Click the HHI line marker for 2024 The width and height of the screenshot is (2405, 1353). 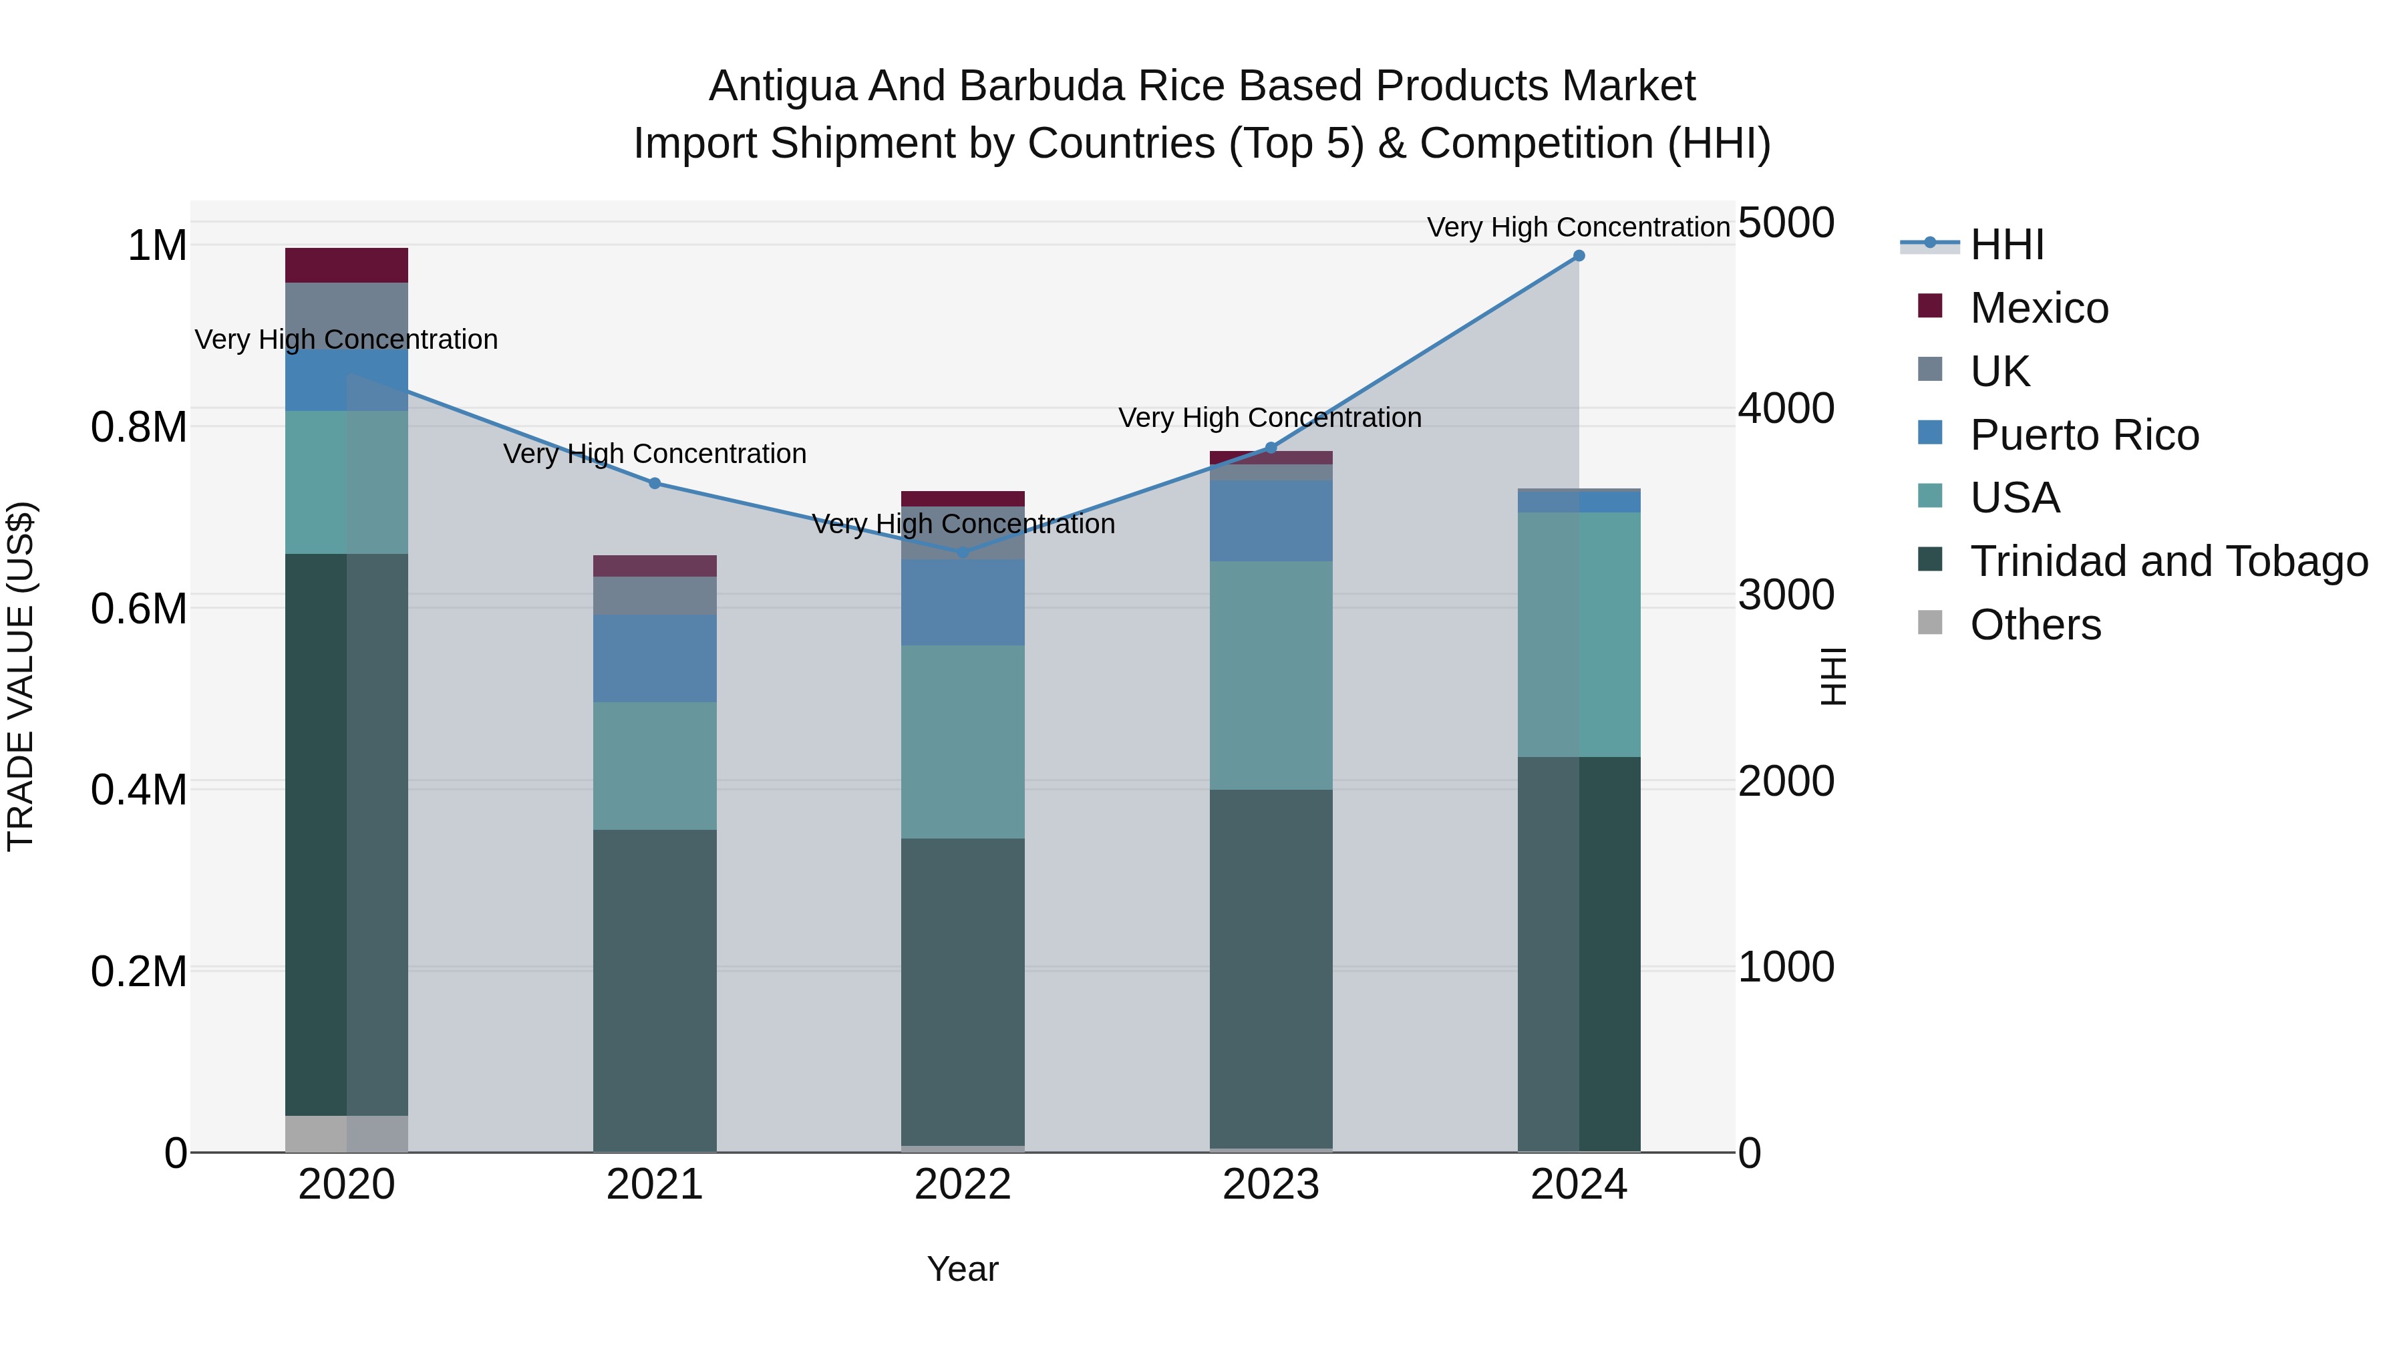(x=1579, y=256)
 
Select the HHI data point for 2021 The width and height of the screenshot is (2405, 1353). (x=655, y=484)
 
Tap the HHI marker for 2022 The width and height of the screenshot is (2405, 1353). (x=963, y=552)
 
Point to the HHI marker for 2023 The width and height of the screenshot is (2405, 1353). (x=1271, y=448)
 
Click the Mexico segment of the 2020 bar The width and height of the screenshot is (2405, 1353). (x=346, y=265)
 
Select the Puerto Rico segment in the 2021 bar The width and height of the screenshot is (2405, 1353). (x=655, y=658)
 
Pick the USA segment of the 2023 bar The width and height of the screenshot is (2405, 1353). (x=1271, y=675)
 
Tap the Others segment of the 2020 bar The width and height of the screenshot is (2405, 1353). (x=346, y=1134)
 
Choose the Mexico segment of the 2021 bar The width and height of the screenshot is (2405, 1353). (x=655, y=566)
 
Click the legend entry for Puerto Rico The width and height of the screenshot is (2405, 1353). (x=2084, y=435)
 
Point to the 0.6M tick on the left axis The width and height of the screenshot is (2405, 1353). (x=139, y=609)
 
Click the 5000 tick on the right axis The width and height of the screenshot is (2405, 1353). (x=1786, y=223)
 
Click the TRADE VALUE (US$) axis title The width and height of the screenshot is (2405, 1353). (x=21, y=676)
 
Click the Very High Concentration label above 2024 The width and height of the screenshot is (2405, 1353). (x=1578, y=228)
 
